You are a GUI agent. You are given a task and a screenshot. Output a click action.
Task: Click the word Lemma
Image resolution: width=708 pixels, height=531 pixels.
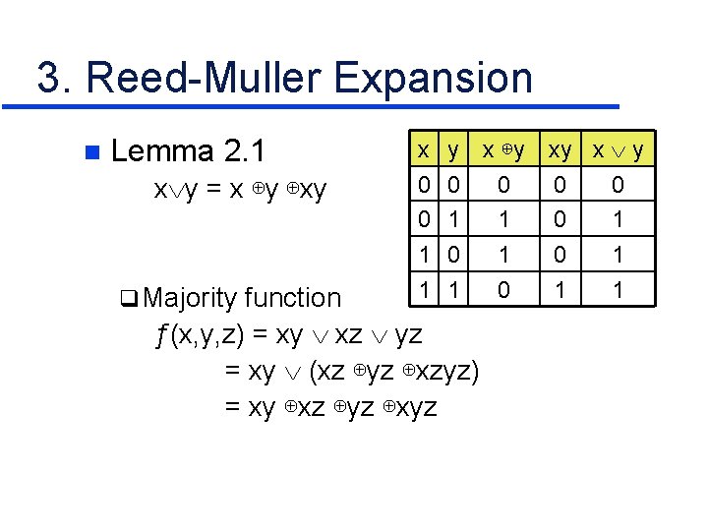pyautogui.click(x=163, y=151)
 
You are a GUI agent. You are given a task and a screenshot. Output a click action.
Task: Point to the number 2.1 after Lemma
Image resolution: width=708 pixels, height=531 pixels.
pyautogui.click(x=244, y=151)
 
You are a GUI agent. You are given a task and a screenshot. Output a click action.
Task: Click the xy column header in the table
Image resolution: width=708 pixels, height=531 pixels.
pyautogui.click(x=560, y=150)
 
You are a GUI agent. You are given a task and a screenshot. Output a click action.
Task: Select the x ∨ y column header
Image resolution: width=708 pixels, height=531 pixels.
pyautogui.click(x=618, y=150)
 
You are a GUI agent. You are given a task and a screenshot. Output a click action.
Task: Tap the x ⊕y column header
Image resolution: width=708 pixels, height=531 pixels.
pyautogui.click(x=502, y=150)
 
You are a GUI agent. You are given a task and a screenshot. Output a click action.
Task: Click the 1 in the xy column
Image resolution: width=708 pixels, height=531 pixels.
pyautogui.click(x=560, y=291)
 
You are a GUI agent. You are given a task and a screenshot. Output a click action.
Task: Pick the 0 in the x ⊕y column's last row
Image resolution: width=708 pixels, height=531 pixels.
pyautogui.click(x=503, y=291)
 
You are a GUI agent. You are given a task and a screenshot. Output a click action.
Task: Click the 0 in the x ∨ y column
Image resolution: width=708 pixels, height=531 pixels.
pyautogui.click(x=618, y=185)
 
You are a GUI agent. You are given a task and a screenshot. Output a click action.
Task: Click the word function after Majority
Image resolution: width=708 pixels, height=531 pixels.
pyautogui.click(x=292, y=297)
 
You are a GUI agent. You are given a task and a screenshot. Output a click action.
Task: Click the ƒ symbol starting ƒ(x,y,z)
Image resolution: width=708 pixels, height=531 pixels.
pyautogui.click(x=161, y=334)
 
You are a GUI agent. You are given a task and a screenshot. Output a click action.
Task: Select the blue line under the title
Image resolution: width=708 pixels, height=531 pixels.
pyautogui.click(x=324, y=105)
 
